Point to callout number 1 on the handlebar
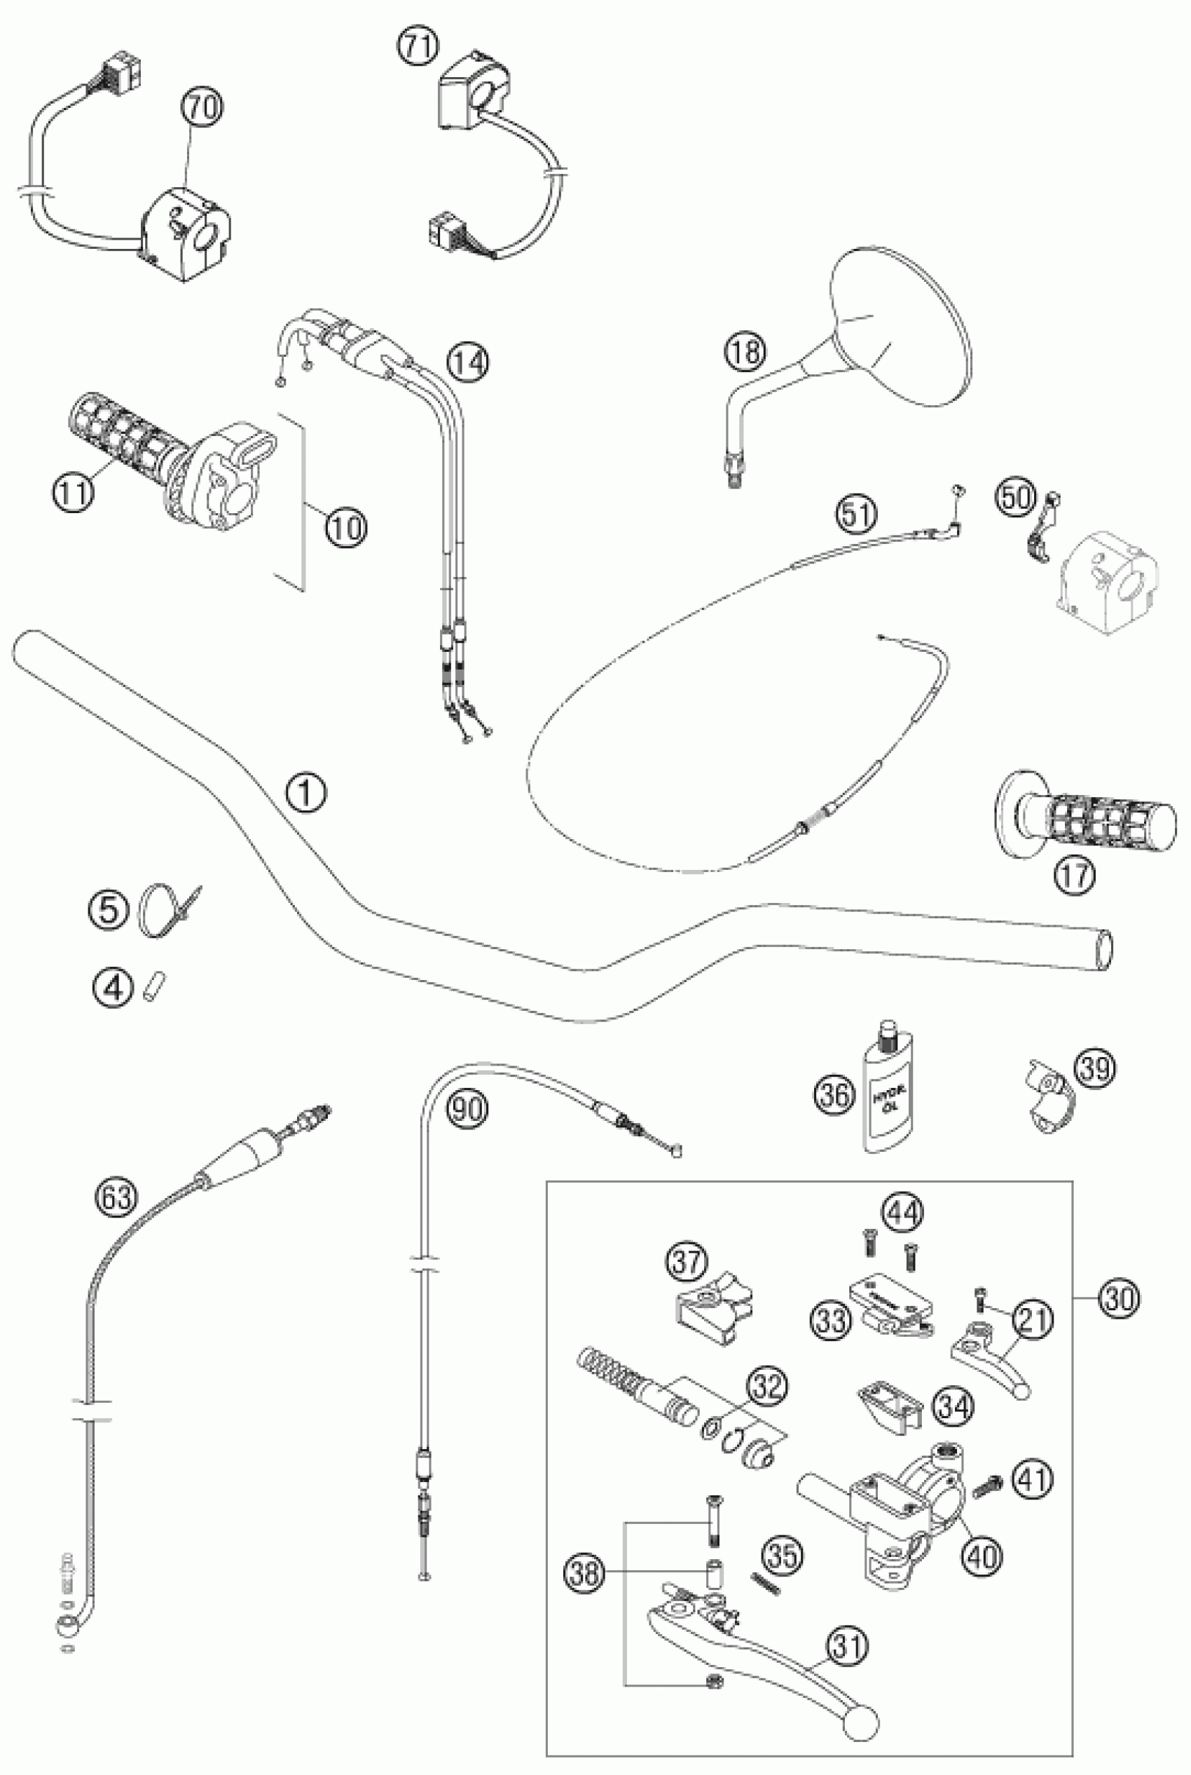(306, 794)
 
